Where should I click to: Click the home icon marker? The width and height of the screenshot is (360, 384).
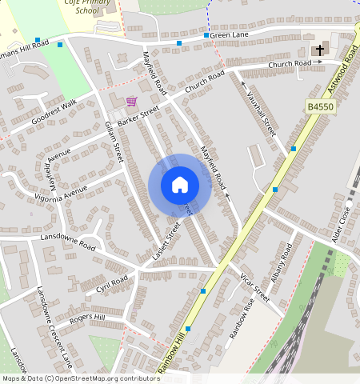[x=180, y=186]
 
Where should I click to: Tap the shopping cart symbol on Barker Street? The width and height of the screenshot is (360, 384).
[x=131, y=102]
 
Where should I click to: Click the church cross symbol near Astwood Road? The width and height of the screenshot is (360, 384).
[x=320, y=50]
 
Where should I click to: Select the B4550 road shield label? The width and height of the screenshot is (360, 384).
[x=319, y=106]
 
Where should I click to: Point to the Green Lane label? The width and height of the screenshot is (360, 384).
[x=229, y=35]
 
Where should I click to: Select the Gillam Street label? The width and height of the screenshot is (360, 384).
[x=114, y=141]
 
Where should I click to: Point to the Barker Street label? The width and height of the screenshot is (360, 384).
[x=138, y=116]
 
